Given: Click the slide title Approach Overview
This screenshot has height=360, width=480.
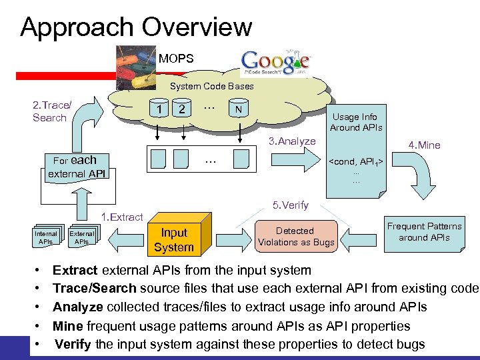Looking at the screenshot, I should click(x=136, y=27).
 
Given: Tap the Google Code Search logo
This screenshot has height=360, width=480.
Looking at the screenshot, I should click(x=275, y=63).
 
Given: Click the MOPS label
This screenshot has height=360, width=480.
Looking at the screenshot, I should click(x=176, y=59).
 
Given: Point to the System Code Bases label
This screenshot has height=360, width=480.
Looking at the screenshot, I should click(x=211, y=86).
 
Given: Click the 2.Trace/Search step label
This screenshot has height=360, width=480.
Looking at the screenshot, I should click(x=51, y=111).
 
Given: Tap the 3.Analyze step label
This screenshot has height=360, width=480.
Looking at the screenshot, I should click(x=291, y=141).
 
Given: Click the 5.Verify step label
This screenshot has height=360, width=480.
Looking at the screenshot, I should click(x=291, y=205).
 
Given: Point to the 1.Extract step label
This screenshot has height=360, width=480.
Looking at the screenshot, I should click(x=121, y=217).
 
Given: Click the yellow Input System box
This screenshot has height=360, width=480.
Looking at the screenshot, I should click(x=173, y=239).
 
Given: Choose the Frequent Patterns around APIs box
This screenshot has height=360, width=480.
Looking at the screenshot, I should click(x=423, y=232).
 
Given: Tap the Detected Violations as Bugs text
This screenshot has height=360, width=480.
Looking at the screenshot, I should click(x=295, y=236).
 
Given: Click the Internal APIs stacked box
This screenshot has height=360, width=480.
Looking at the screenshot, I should click(x=46, y=238).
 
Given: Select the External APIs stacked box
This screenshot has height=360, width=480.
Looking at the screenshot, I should click(x=82, y=238).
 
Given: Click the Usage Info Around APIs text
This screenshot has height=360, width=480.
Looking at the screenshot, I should click(x=355, y=122).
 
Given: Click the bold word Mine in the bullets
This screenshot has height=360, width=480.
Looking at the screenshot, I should click(x=67, y=326).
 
